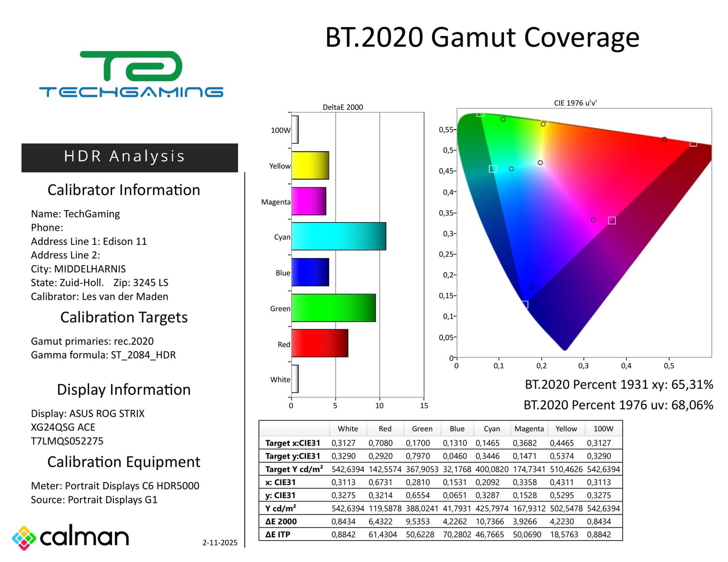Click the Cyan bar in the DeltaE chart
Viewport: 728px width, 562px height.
click(x=338, y=236)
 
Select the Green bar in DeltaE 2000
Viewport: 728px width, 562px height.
click(x=333, y=308)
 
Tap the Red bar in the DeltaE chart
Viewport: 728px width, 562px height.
click(x=319, y=343)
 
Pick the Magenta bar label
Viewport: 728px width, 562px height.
click(x=275, y=202)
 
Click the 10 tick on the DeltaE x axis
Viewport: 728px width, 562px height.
click(x=380, y=406)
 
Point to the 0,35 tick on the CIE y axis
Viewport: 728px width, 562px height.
click(x=446, y=213)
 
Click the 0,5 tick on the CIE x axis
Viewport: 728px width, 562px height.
click(x=669, y=366)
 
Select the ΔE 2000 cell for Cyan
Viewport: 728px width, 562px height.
click(x=492, y=521)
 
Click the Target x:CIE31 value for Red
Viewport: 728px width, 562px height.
click(x=380, y=443)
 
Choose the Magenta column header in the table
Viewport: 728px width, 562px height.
click(x=529, y=429)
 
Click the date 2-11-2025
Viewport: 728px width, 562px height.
click(x=220, y=543)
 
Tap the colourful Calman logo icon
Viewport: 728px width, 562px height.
click(x=24, y=538)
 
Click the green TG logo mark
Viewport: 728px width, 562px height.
click(x=131, y=66)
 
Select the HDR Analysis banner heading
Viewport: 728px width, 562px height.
click(x=125, y=156)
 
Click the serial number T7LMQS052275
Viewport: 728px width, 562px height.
click(x=67, y=441)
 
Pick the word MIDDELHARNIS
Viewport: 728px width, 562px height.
click(x=90, y=269)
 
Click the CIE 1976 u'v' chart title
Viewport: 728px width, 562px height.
click(x=575, y=103)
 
